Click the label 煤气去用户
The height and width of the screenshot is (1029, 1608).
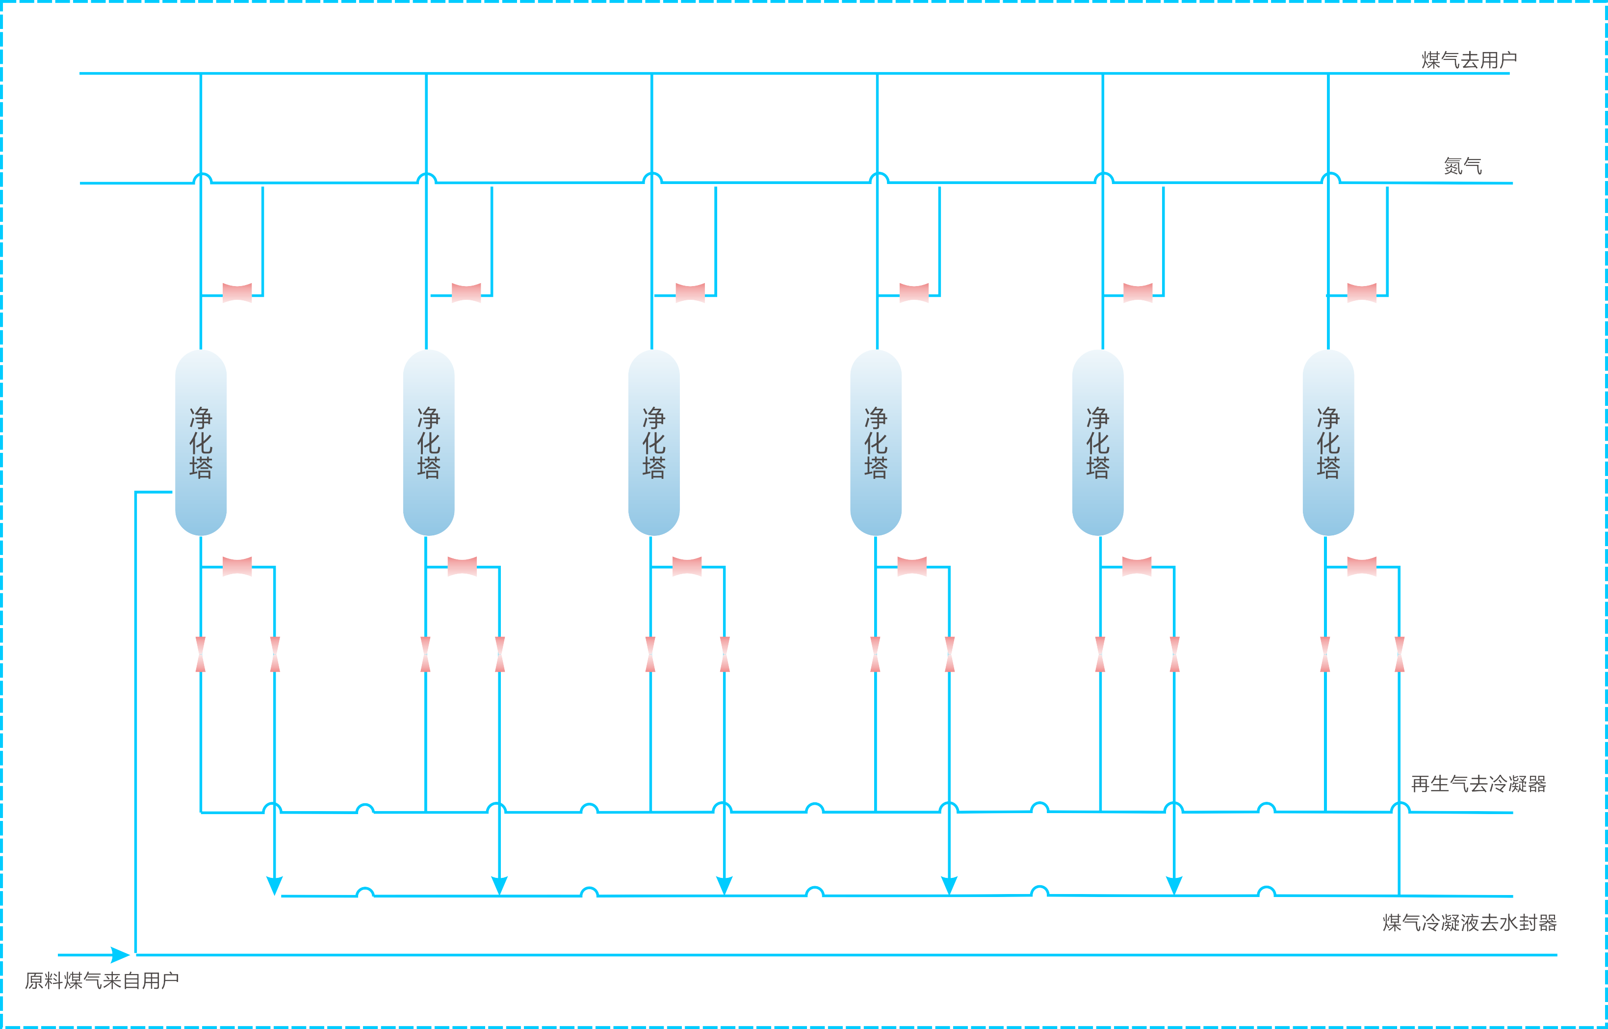coord(1468,60)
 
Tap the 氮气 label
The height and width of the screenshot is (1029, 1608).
coord(1462,166)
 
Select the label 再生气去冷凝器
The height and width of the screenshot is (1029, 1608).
coord(1478,784)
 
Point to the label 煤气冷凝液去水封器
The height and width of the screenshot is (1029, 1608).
coord(1469,923)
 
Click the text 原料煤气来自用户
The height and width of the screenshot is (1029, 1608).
coord(102,980)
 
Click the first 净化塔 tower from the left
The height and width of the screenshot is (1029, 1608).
coord(200,442)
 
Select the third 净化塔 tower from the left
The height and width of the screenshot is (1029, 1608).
coord(654,442)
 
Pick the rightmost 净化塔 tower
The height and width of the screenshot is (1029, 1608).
coord(1328,442)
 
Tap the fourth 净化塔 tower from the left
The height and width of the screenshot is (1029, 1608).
coord(876,442)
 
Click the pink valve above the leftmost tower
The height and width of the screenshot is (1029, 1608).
coord(237,292)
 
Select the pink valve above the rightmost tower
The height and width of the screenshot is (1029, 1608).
coord(1362,292)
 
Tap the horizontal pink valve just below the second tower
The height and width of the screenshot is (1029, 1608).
coord(462,566)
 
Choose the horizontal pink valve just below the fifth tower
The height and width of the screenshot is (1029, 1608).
coord(1137,566)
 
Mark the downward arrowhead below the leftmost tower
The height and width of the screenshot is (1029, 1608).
coord(274,885)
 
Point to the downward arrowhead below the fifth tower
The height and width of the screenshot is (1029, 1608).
coord(1174,885)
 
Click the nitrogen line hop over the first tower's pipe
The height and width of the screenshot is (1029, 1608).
coord(202,179)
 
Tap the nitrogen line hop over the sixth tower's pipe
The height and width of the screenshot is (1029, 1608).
coord(1330,179)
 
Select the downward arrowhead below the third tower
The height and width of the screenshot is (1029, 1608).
coord(725,885)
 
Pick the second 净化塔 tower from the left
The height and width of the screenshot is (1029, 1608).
coord(429,442)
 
